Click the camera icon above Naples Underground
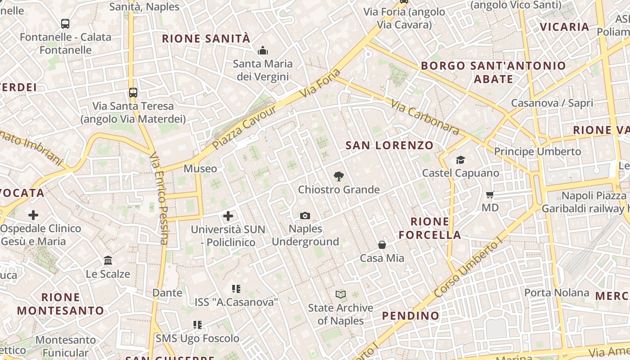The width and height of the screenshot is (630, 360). [305, 216]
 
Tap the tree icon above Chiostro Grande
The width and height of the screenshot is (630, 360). [338, 176]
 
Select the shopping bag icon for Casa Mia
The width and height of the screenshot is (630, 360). [382, 245]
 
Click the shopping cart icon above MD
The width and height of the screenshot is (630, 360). [490, 195]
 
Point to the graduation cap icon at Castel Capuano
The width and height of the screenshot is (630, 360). [460, 160]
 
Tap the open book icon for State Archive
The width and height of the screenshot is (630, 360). [341, 295]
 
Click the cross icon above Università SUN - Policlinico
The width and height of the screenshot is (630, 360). [228, 216]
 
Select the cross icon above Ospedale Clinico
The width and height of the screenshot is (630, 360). [33, 215]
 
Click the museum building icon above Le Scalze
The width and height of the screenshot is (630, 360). [108, 261]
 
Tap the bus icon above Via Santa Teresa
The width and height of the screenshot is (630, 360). [133, 93]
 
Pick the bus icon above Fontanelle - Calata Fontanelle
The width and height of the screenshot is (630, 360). [65, 24]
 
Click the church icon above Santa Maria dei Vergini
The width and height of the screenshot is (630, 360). [262, 50]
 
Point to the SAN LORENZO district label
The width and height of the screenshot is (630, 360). [389, 145]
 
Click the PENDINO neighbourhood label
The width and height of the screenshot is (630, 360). [410, 316]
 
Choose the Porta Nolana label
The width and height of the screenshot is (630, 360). [557, 293]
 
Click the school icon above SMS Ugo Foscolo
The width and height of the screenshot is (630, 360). [197, 324]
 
